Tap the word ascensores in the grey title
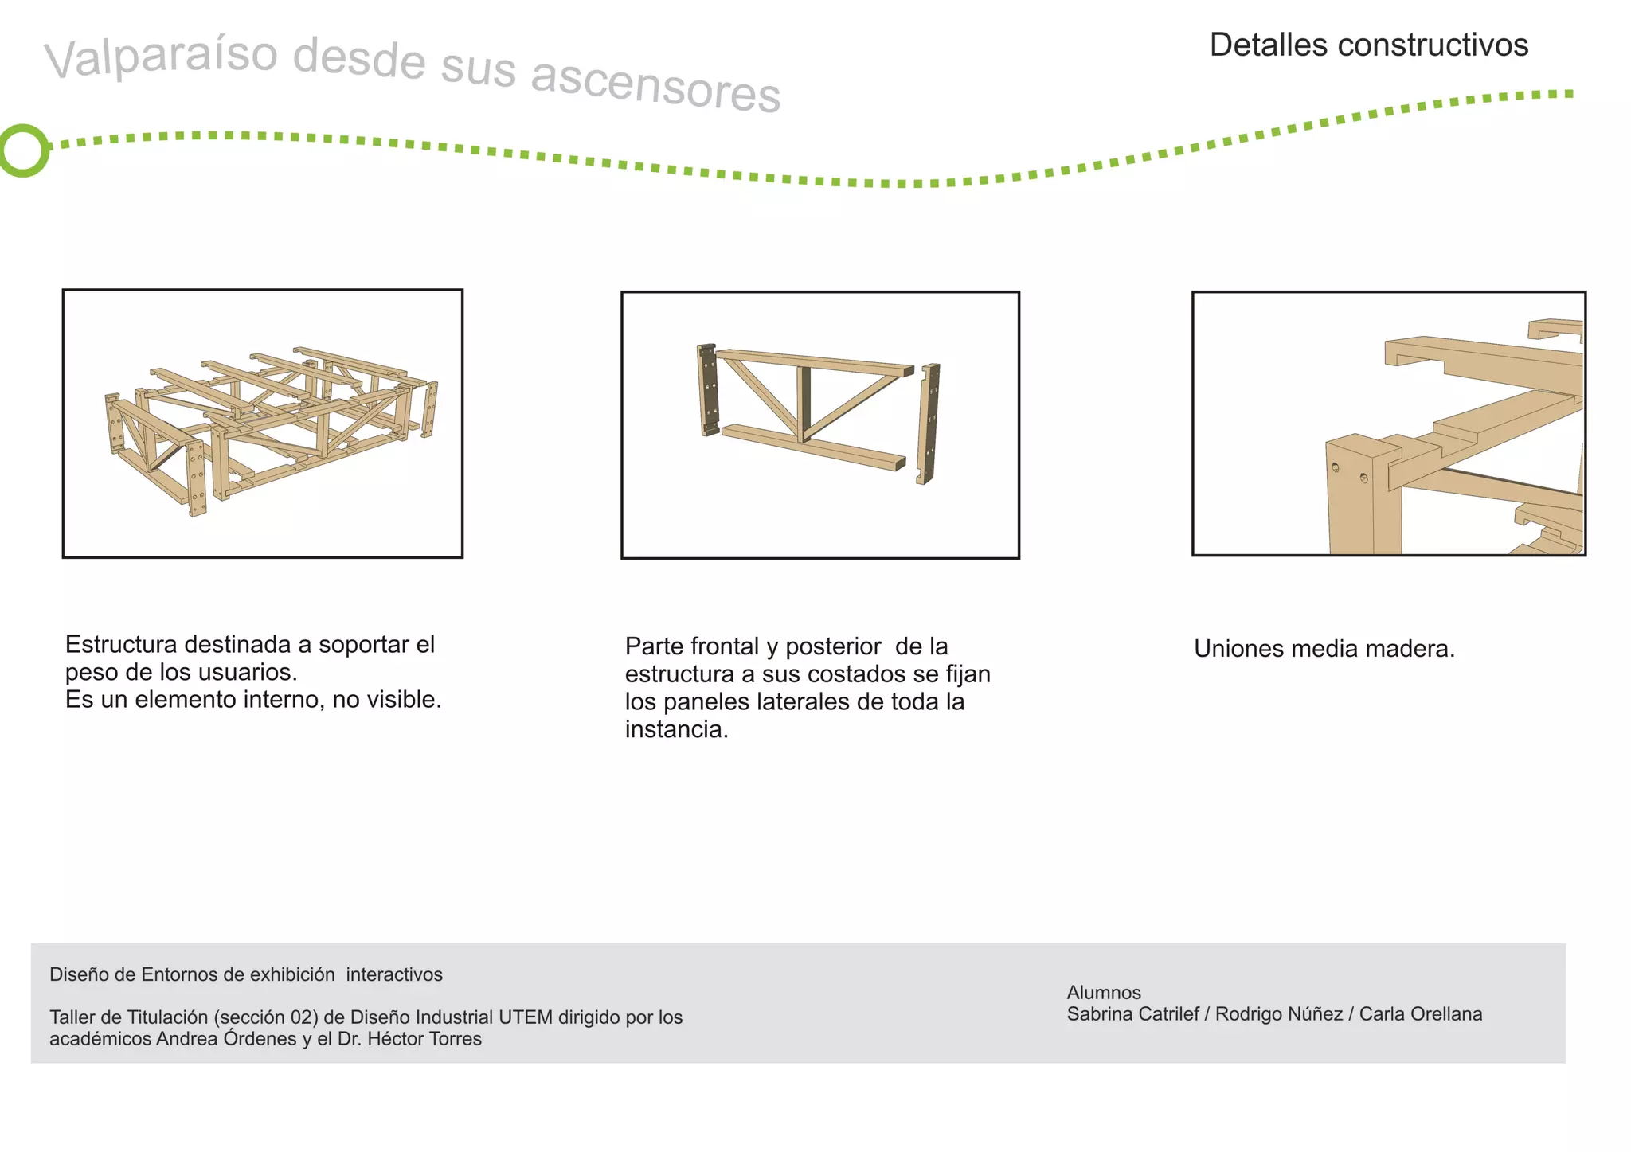coord(655,87)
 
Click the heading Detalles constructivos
coord(1368,45)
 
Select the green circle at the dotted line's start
coord(24,150)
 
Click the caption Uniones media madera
coord(1324,649)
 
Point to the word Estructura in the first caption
coord(121,644)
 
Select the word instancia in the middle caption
coord(675,729)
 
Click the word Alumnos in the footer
coord(1103,993)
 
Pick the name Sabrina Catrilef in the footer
coord(1132,1014)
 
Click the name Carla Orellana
coord(1420,1014)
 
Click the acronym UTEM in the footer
coord(525,1017)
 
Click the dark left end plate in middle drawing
coord(708,390)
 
